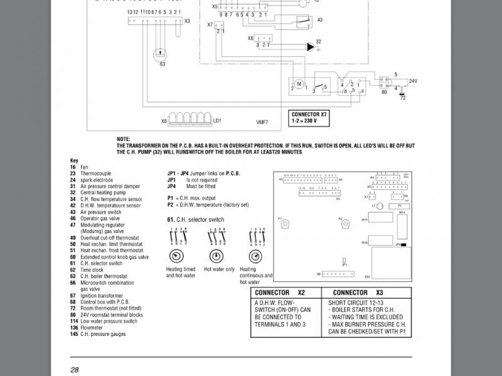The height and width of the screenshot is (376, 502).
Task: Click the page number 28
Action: click(x=74, y=369)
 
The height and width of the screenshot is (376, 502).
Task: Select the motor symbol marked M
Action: click(x=299, y=84)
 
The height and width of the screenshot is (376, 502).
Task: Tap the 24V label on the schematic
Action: click(x=412, y=81)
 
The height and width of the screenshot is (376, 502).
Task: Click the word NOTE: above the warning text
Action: click(x=124, y=138)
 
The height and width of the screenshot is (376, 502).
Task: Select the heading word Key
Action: click(x=73, y=160)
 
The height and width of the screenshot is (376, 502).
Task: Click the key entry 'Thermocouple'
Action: click(x=95, y=173)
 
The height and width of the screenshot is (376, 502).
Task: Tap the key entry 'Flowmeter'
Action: click(x=92, y=328)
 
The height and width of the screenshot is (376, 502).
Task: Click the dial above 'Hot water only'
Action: click(x=216, y=256)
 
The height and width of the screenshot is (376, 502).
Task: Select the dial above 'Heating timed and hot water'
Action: click(x=177, y=256)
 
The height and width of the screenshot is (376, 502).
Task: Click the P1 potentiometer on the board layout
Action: click(x=285, y=224)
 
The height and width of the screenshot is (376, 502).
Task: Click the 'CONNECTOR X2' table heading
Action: click(x=286, y=293)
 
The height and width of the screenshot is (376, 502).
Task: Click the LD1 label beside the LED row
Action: click(x=218, y=120)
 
